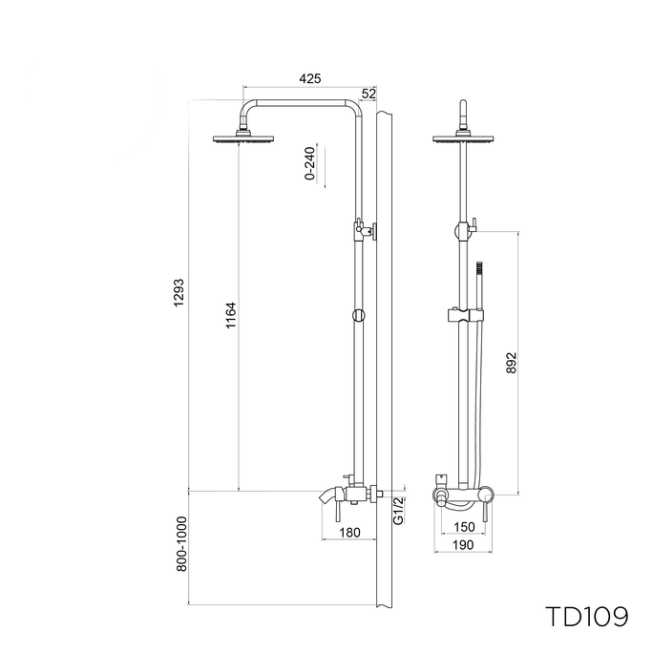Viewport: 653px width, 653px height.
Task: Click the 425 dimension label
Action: point(310,78)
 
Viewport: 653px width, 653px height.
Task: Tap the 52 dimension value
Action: point(369,94)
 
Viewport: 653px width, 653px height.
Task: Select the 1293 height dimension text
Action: point(179,293)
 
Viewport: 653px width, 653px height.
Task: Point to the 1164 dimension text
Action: point(231,315)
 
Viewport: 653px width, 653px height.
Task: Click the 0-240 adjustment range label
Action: point(310,163)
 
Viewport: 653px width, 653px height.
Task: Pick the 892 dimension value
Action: point(512,363)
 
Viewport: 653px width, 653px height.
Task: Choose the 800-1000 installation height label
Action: point(181,544)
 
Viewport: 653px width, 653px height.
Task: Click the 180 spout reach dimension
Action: point(349,533)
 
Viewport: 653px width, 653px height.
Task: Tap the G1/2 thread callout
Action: point(398,511)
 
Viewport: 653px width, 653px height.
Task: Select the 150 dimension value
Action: point(464,527)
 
